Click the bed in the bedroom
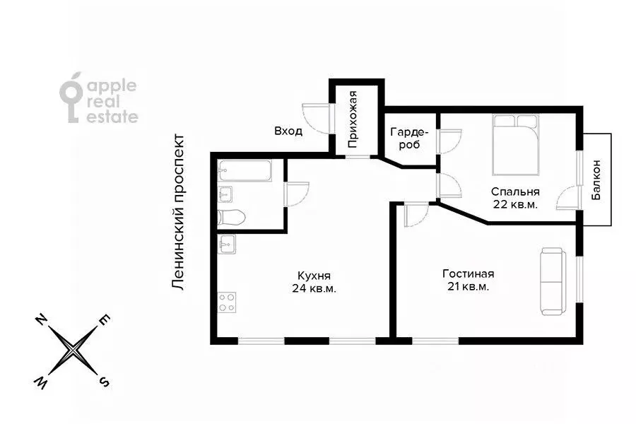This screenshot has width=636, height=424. (x=516, y=145)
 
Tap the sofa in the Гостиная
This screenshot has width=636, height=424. (x=553, y=281)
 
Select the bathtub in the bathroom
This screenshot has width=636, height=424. (x=245, y=171)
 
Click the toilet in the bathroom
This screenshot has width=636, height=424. (x=231, y=217)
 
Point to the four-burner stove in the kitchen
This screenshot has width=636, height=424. (x=227, y=302)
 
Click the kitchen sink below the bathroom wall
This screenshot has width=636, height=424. (x=226, y=245)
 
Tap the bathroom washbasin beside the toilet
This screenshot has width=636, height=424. (x=225, y=194)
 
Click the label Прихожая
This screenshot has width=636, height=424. (x=353, y=119)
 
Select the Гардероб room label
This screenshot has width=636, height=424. (x=409, y=138)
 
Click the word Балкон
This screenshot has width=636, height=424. (x=596, y=179)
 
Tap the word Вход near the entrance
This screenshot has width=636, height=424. (x=288, y=131)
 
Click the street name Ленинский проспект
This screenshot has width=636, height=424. (x=178, y=213)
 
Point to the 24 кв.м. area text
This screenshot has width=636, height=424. (x=314, y=288)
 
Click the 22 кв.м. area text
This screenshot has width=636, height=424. (x=516, y=204)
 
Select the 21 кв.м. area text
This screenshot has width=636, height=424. (x=468, y=286)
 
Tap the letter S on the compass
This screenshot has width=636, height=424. (x=105, y=382)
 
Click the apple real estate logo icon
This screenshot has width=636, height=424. (x=72, y=98)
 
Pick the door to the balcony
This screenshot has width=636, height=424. (x=569, y=196)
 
